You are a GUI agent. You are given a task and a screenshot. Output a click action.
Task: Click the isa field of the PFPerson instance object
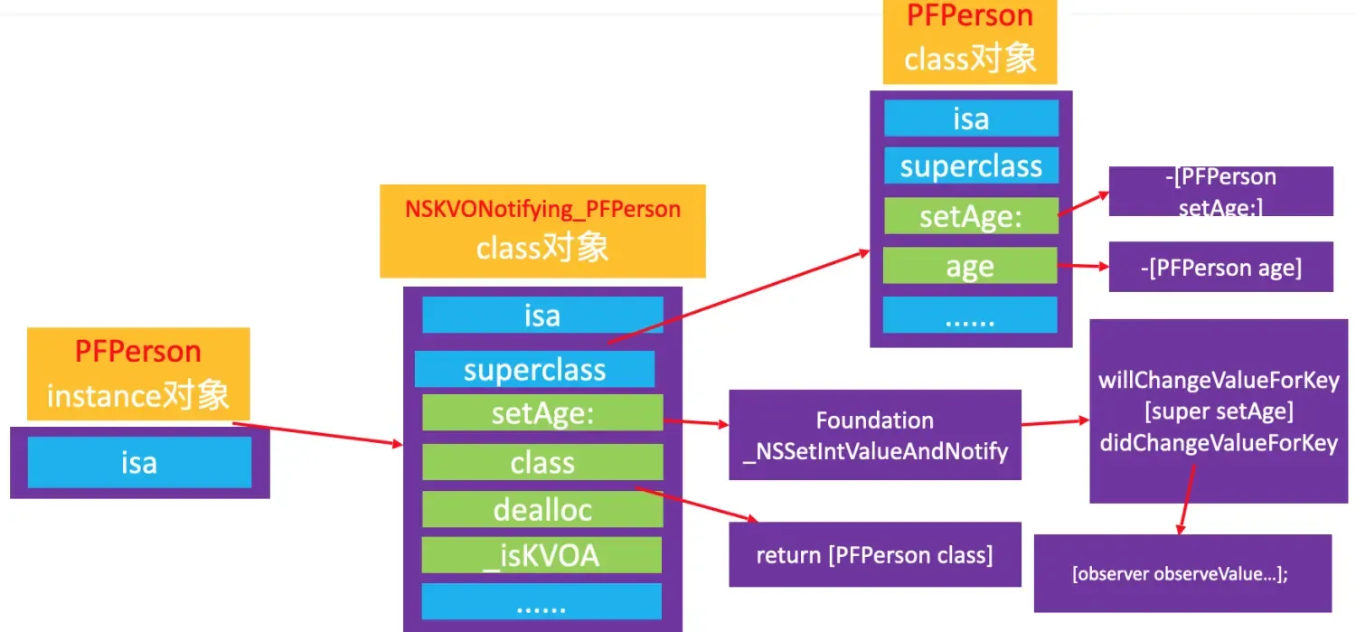[139, 462]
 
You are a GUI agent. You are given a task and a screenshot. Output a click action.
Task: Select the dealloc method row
[542, 510]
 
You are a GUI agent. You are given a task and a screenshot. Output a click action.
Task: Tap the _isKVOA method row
[542, 556]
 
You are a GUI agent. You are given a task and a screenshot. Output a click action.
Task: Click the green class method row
[542, 463]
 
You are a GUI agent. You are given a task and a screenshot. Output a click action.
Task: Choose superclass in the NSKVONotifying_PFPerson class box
[534, 370]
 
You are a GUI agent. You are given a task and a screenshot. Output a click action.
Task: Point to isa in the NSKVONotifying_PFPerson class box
[542, 316]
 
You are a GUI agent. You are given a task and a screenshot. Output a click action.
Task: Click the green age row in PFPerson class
[970, 267]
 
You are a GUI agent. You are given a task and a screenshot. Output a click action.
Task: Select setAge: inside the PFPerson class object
[970, 217]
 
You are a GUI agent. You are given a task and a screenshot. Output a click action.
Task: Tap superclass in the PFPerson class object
[970, 166]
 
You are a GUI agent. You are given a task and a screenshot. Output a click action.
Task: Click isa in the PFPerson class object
[970, 118]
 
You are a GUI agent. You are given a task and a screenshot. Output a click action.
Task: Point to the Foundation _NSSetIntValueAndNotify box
[874, 435]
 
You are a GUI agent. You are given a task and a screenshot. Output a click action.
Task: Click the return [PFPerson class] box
[874, 554]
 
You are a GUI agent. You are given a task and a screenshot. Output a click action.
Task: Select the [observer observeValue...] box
[1182, 573]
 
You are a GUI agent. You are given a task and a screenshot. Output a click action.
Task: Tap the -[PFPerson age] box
[1220, 267]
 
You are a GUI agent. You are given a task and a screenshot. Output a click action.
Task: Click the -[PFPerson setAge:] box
[1220, 191]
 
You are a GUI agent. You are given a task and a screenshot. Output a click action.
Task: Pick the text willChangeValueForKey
[1218, 379]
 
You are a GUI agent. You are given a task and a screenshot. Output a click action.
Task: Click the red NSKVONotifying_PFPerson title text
[542, 210]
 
